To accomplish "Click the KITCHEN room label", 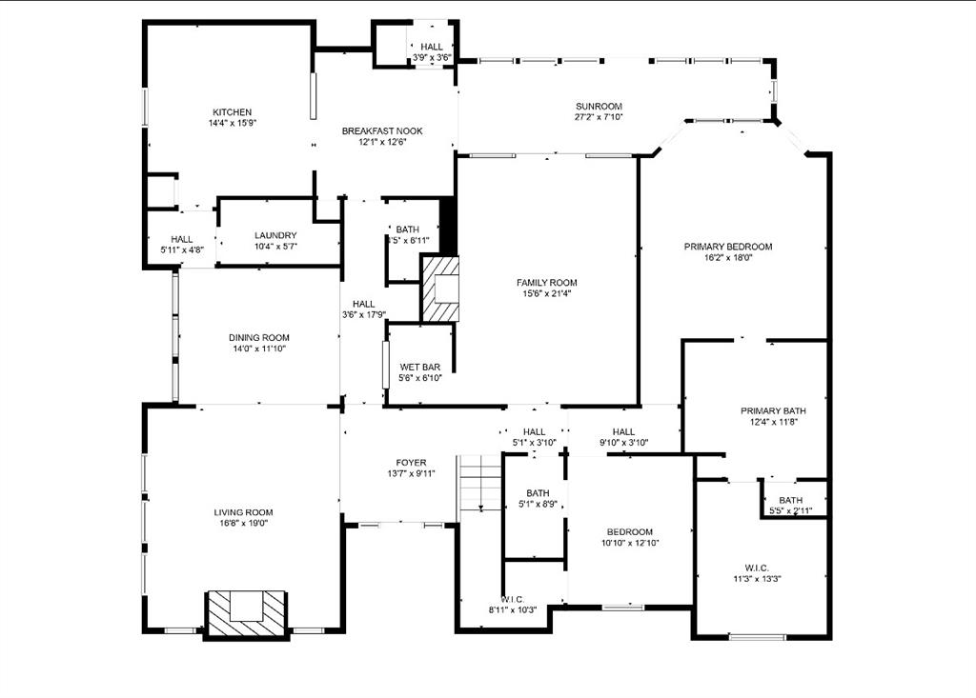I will pos(232,112).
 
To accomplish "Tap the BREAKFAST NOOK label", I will pos(382,131).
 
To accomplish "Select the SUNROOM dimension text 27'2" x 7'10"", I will pos(599,118).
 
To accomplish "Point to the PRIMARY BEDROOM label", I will pos(728,247).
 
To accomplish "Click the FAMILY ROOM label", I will pos(546,283).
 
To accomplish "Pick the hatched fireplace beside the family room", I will pos(439,289).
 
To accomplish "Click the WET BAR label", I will pos(419,367).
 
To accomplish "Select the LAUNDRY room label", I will pos(275,235).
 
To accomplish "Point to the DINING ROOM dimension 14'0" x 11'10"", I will pos(258,349).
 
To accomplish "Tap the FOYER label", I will pos(411,463).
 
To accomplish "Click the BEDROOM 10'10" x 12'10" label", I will pos(630,531).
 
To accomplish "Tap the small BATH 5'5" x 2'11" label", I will pos(790,500).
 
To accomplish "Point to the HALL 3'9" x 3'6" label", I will pos(431,47).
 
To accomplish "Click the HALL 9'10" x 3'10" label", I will pos(623,431).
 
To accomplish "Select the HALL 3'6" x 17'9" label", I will pos(363,304).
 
